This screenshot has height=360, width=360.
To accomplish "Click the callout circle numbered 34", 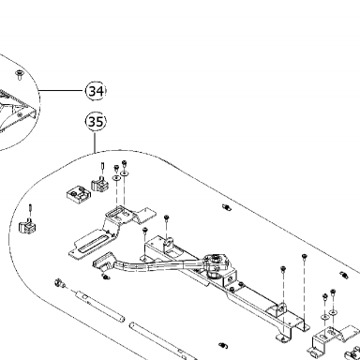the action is (x=96, y=91).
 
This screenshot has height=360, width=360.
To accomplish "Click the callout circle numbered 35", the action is (x=96, y=122).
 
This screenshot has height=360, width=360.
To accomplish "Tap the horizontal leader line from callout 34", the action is (x=63, y=91).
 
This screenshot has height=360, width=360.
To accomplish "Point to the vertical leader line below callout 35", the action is (x=95, y=142).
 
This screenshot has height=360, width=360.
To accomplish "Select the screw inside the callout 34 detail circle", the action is (x=20, y=75).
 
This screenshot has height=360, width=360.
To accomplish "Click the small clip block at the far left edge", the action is (x=27, y=226).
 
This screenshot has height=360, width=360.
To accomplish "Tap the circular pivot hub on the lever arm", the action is (x=216, y=261).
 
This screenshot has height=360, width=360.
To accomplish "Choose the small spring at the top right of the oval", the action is (x=226, y=207).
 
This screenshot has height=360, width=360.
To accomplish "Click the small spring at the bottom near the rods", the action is (x=223, y=346).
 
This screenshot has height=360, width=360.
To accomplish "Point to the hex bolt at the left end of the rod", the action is (x=59, y=283).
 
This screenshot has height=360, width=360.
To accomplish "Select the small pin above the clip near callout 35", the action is (x=102, y=167).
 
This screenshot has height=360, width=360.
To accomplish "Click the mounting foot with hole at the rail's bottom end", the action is (x=284, y=338).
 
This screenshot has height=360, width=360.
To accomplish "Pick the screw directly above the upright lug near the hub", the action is (x=167, y=217).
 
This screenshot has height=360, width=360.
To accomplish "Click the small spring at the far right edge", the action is (x=344, y=275).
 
